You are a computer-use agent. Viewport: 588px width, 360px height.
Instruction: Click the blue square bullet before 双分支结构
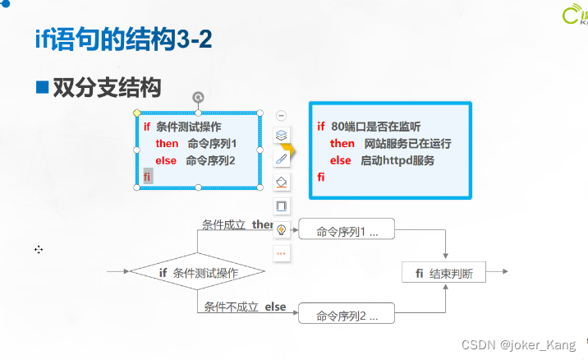coord(42,86)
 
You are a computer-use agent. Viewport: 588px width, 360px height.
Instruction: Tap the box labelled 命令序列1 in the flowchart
coord(347,230)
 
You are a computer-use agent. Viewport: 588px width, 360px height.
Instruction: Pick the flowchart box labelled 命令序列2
coord(347,315)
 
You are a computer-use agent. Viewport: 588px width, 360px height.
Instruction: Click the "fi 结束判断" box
coord(444,273)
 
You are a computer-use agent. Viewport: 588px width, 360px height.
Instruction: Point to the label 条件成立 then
coord(237,224)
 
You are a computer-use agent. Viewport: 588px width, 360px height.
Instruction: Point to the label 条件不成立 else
coord(245,307)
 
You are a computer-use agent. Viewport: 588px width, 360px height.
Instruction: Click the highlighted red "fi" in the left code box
coord(147,177)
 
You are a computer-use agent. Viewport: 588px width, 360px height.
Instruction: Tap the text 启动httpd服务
coord(397,160)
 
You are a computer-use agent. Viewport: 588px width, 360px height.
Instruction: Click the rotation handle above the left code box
coord(197,98)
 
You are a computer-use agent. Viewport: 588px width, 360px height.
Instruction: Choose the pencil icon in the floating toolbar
coord(281,159)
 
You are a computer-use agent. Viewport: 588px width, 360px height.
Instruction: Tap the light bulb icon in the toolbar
coord(281,229)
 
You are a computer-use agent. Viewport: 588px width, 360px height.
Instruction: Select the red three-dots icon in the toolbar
coord(281,253)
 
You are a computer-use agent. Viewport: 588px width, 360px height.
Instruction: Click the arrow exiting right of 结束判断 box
coord(498,272)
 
